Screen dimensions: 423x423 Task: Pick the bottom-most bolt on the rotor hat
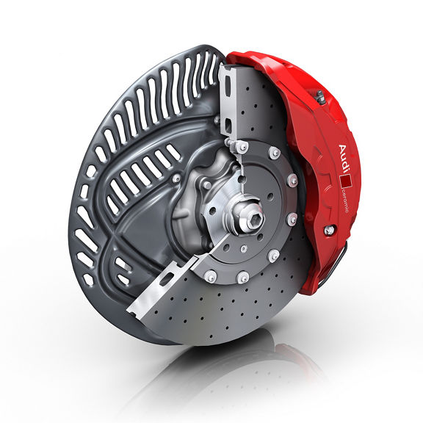pyautogui.click(x=242, y=277)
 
